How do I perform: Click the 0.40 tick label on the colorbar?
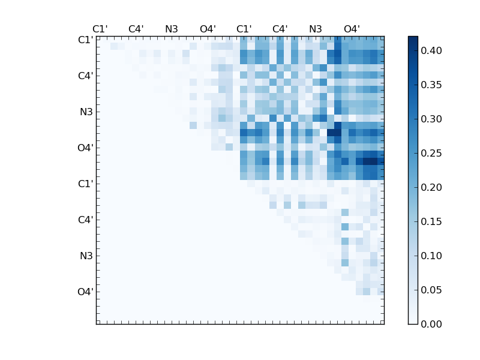[432, 51]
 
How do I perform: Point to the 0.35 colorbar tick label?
[432, 85]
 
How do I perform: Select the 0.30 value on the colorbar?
[432, 119]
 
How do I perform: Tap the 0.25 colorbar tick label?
[432, 154]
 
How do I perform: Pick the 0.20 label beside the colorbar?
[432, 188]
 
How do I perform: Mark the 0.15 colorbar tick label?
[432, 222]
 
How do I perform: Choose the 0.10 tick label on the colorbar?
[432, 256]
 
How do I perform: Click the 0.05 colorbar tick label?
[432, 290]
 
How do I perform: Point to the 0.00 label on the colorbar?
[432, 325]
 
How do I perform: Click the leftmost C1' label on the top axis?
[100, 29]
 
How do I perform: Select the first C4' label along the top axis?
[136, 29]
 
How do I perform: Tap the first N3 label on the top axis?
[172, 29]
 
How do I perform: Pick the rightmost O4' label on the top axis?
[352, 29]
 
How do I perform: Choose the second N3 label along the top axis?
[316, 29]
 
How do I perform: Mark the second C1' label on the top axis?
[244, 29]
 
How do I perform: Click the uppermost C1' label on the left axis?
[85, 40]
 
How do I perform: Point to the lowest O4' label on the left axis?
[85, 292]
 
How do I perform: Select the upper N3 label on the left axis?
[86, 112]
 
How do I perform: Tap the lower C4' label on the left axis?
[85, 220]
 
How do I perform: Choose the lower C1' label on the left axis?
[85, 184]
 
